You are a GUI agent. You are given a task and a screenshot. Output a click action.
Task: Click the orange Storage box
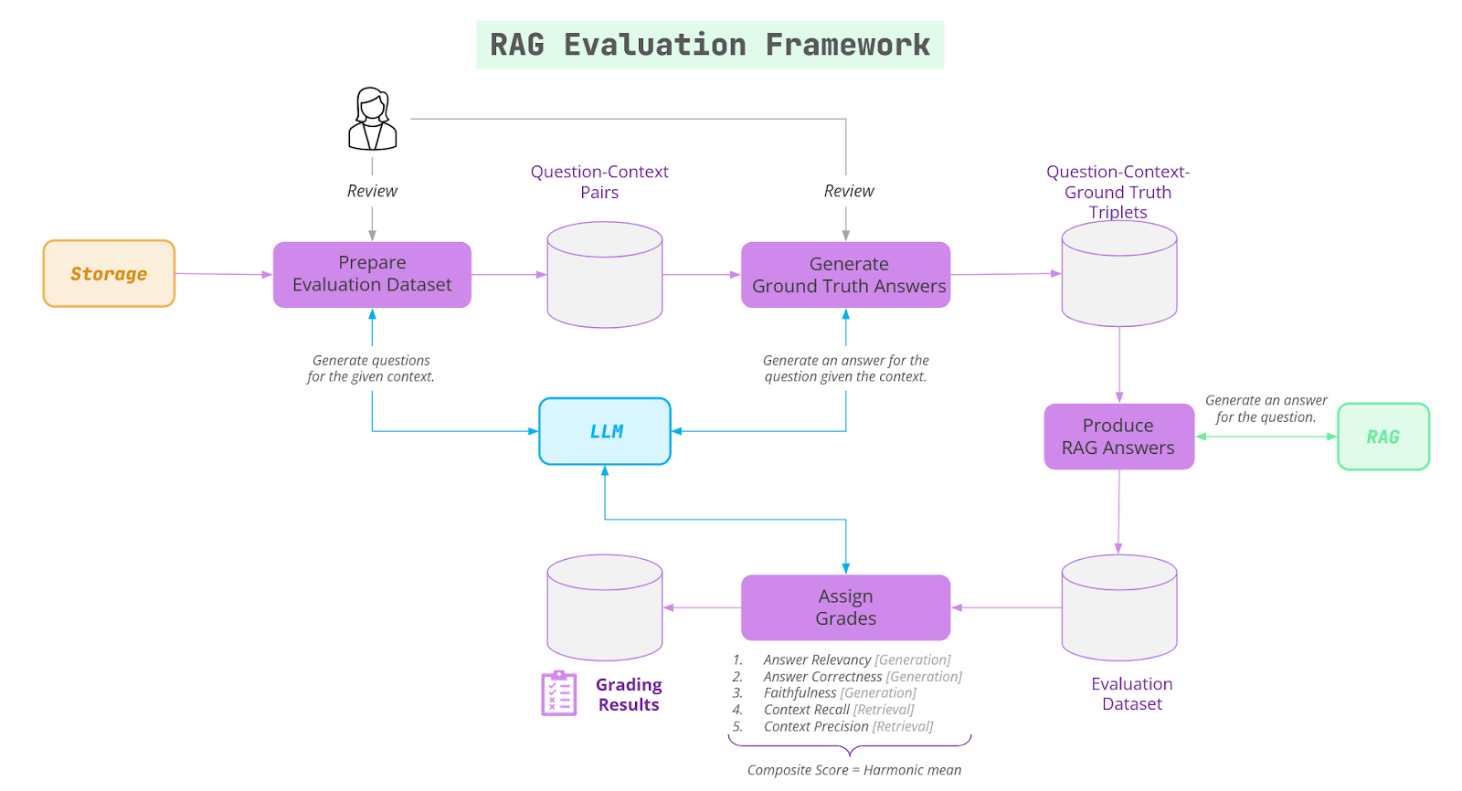(x=109, y=274)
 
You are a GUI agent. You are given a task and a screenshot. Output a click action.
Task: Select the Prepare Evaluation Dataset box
(x=372, y=274)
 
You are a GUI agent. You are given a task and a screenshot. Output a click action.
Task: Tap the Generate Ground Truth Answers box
(x=845, y=275)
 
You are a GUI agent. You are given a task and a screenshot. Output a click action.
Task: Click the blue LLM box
(x=605, y=431)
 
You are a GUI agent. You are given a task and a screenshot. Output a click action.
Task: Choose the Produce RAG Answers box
(x=1118, y=437)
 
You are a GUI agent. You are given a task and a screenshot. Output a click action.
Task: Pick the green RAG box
(x=1383, y=437)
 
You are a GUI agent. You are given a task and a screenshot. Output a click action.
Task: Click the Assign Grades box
(x=845, y=607)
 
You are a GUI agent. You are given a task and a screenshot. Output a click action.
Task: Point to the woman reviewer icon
(x=372, y=120)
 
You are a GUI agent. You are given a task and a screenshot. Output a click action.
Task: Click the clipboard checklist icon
(x=558, y=693)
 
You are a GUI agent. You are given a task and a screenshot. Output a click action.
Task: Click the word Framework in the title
(x=847, y=45)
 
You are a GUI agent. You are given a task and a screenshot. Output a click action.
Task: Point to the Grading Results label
(x=629, y=694)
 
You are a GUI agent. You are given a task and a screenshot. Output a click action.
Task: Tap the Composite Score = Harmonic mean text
(x=853, y=770)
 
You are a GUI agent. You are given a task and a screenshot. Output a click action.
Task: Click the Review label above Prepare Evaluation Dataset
(x=372, y=191)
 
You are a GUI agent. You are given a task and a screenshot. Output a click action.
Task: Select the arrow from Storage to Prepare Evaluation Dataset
(x=224, y=274)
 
